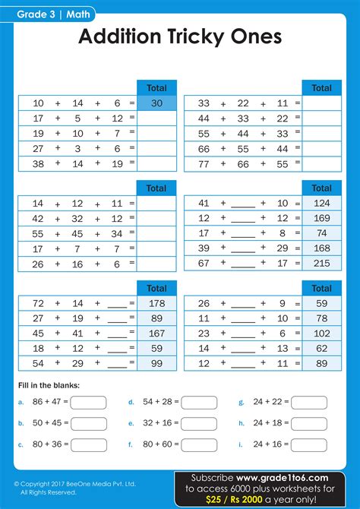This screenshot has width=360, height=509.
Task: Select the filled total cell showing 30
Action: point(156,103)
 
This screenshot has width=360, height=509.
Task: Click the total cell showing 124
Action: point(321,204)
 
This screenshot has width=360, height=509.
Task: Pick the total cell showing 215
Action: point(321,263)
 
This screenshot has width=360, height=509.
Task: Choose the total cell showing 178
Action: point(156,304)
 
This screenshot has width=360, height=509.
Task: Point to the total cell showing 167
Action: point(156,334)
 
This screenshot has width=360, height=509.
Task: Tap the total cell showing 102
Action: point(321,334)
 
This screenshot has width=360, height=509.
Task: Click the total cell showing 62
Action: point(321,348)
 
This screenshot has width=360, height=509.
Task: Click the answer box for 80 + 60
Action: point(199,444)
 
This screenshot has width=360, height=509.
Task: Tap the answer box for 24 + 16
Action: point(309,444)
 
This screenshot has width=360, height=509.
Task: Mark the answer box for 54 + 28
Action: point(199,403)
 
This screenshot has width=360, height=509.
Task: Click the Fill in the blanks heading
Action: point(48,384)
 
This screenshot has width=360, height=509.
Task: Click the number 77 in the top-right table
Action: point(204,163)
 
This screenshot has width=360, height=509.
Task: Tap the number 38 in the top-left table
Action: point(38,163)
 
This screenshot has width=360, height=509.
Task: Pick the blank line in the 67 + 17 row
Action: point(243,264)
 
